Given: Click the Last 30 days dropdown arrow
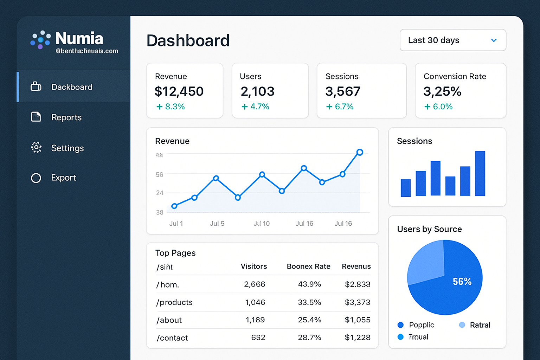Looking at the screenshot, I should (494, 40).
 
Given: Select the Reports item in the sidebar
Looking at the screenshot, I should (66, 117).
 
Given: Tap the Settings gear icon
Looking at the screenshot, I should (36, 147).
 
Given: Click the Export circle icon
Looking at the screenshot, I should (36, 178).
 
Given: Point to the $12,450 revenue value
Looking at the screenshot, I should (179, 91).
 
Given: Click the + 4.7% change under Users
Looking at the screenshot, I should (255, 107).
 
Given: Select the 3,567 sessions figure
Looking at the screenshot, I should (343, 91).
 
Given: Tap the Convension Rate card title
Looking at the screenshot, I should (455, 76).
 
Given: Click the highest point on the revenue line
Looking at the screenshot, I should (359, 152).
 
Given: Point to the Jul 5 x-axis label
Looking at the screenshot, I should (217, 224).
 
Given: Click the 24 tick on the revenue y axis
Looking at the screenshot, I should (160, 193).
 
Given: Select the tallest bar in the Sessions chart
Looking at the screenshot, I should (480, 173).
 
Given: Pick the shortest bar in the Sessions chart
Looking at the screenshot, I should (406, 188).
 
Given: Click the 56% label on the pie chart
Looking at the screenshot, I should (462, 282).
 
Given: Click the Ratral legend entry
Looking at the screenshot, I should (480, 325).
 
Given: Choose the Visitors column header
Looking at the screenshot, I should (253, 266).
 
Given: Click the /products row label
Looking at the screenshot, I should (174, 302).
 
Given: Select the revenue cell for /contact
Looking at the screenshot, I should (357, 337).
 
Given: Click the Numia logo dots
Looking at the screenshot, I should (40, 39).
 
